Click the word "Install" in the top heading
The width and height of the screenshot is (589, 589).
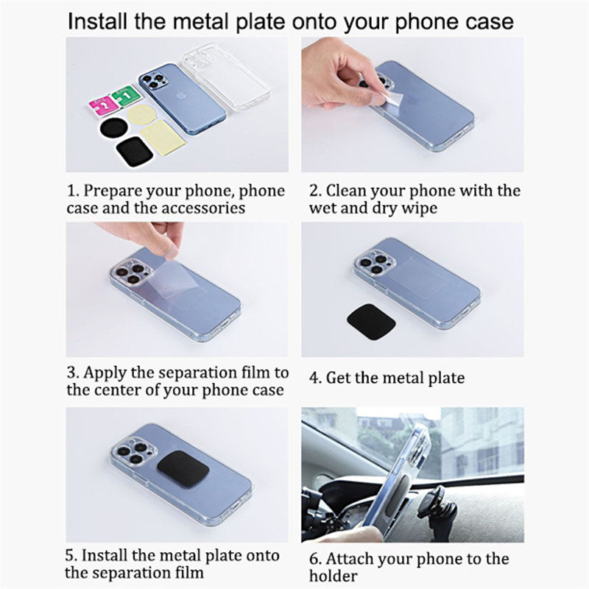pos(97,21)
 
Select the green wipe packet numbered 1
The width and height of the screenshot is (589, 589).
pos(126,94)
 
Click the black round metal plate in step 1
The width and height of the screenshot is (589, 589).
pos(114,128)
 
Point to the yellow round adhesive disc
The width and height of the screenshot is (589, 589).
pos(140,114)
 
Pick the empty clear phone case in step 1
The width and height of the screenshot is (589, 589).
pos(226,77)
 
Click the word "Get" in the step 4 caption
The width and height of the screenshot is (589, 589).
pos(339,378)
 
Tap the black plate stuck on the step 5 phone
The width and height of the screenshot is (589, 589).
pos(183,470)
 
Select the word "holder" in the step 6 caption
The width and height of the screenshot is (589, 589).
pos(334,576)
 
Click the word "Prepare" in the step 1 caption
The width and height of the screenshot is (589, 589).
pos(113,191)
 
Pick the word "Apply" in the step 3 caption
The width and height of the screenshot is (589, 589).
pos(105,373)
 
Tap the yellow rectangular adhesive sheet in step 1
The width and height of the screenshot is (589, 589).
pos(163,136)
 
